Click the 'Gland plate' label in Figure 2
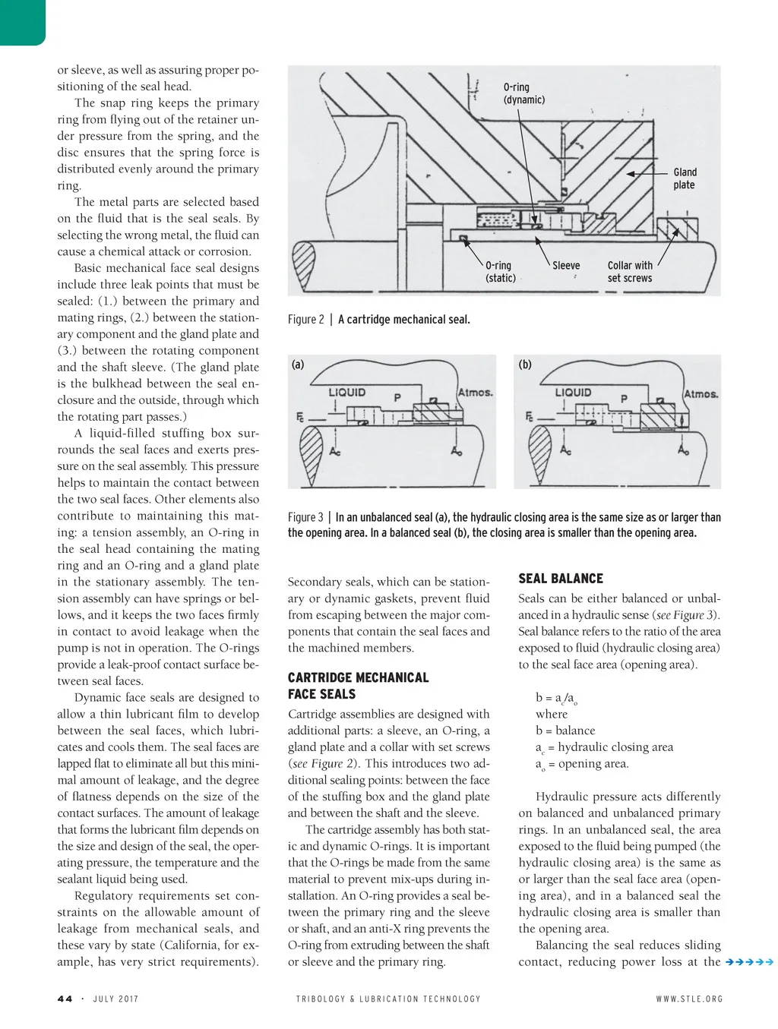(685, 178)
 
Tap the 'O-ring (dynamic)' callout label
(523, 93)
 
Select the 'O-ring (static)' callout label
(500, 272)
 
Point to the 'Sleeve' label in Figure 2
(566, 266)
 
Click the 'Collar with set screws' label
(630, 272)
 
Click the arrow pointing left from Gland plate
(647, 174)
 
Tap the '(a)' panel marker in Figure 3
(298, 365)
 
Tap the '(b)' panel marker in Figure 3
(525, 365)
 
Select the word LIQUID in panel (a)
(346, 392)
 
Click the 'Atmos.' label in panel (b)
(701, 393)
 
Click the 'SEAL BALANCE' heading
(561, 578)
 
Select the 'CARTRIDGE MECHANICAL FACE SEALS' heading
(358, 686)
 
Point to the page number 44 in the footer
(65, 999)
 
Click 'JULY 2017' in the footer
(116, 999)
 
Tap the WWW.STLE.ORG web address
(689, 999)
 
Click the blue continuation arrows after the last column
(749, 962)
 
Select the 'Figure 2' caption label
(305, 320)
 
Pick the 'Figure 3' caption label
(305, 517)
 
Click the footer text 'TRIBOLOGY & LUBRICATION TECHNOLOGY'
(388, 999)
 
